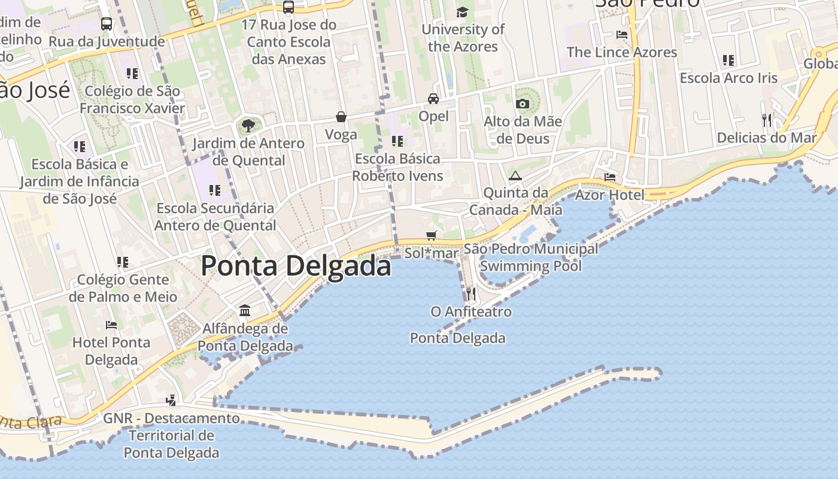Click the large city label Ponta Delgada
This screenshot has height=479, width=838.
coord(296,266)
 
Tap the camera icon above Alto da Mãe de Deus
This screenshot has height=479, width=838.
coord(523,104)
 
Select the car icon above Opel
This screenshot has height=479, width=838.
coord(433,98)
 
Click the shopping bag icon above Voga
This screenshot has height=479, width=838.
coord(341,116)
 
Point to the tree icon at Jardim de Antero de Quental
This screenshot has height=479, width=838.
coord(248,126)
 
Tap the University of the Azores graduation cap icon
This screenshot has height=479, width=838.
coord(462,12)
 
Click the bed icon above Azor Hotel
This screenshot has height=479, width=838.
coord(610,177)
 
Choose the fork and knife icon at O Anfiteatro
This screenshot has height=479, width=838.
coord(471,293)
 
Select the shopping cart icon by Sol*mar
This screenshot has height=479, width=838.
coord(431,235)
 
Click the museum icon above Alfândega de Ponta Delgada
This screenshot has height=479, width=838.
coord(245,310)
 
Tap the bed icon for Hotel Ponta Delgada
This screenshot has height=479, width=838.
coord(111,325)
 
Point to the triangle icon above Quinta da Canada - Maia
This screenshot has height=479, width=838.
coord(515,175)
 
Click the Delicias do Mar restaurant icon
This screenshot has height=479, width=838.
coord(767,120)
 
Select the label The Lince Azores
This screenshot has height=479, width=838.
coord(622,52)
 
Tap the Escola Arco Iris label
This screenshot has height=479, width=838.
coord(728,78)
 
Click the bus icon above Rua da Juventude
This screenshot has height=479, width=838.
coord(107,24)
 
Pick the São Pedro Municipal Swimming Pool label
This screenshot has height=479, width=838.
coord(531,257)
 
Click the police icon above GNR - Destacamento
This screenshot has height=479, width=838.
coord(171,400)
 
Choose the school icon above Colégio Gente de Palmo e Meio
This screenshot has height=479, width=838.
coord(123,262)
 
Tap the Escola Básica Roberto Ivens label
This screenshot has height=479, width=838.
coord(397,167)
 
